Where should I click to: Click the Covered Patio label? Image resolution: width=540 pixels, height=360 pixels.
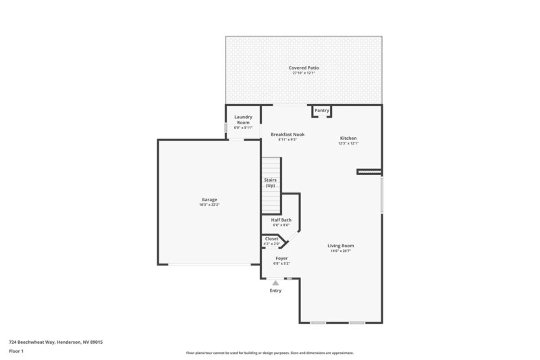tap(304, 68)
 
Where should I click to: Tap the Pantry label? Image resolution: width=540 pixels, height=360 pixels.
tap(321, 110)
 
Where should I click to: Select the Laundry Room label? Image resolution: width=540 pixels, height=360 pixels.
tap(243, 120)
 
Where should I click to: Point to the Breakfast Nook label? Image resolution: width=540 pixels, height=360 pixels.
tap(288, 134)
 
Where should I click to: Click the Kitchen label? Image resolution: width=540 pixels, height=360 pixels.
tap(348, 138)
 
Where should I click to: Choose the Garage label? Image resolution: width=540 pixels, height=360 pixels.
tap(209, 199)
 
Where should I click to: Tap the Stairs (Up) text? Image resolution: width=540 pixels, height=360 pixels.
tap(271, 182)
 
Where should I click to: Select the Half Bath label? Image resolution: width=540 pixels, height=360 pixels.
tap(281, 220)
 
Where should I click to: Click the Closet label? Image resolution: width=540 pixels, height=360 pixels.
tap(271, 238)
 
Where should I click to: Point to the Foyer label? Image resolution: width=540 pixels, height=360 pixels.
tap(281, 258)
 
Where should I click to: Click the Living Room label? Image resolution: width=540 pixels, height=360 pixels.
tap(340, 245)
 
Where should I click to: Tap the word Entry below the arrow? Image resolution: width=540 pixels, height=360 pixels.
tap(275, 290)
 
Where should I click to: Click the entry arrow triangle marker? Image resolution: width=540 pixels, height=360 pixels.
tap(275, 283)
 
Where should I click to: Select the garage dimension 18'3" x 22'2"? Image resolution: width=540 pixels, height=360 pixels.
tap(209, 205)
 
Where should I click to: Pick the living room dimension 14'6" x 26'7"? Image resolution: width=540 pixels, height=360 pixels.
tap(340, 251)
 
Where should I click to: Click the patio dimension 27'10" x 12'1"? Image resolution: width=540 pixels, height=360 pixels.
tap(304, 74)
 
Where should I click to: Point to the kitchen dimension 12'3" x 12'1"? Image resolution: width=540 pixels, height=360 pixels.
tap(348, 143)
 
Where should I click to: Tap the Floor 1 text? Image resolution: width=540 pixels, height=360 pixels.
tap(16, 352)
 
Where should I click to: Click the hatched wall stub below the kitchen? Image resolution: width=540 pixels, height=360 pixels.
tap(369, 172)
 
